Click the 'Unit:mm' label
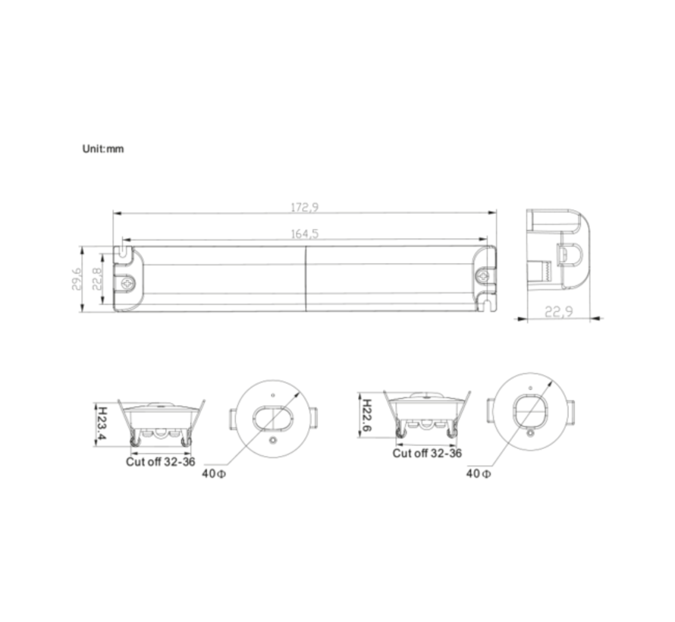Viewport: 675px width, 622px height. (102, 149)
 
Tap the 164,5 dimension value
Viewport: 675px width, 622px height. (305, 234)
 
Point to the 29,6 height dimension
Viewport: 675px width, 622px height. (74, 278)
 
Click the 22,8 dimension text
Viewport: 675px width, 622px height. (97, 278)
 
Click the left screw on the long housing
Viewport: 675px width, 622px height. (127, 282)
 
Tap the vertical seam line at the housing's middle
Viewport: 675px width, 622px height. (305, 278)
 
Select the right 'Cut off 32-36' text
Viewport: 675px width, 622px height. (427, 454)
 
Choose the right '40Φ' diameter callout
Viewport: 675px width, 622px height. (478, 474)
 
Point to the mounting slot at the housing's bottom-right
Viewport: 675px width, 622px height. (486, 304)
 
